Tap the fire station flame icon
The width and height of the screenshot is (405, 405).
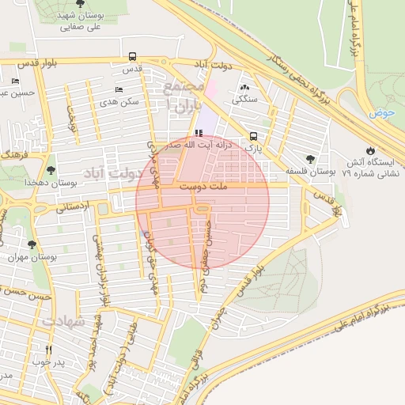click(x=370, y=150)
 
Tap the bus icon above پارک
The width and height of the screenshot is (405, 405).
click(x=253, y=135)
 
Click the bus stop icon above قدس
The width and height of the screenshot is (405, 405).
click(x=131, y=56)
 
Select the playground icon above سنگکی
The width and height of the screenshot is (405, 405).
click(x=244, y=87)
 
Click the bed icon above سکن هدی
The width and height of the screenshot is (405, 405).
click(x=119, y=89)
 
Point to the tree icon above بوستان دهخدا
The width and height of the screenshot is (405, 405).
click(x=51, y=169)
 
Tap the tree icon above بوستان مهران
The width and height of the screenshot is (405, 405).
click(x=32, y=244)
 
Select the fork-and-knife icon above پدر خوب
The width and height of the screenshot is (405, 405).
click(x=48, y=349)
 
